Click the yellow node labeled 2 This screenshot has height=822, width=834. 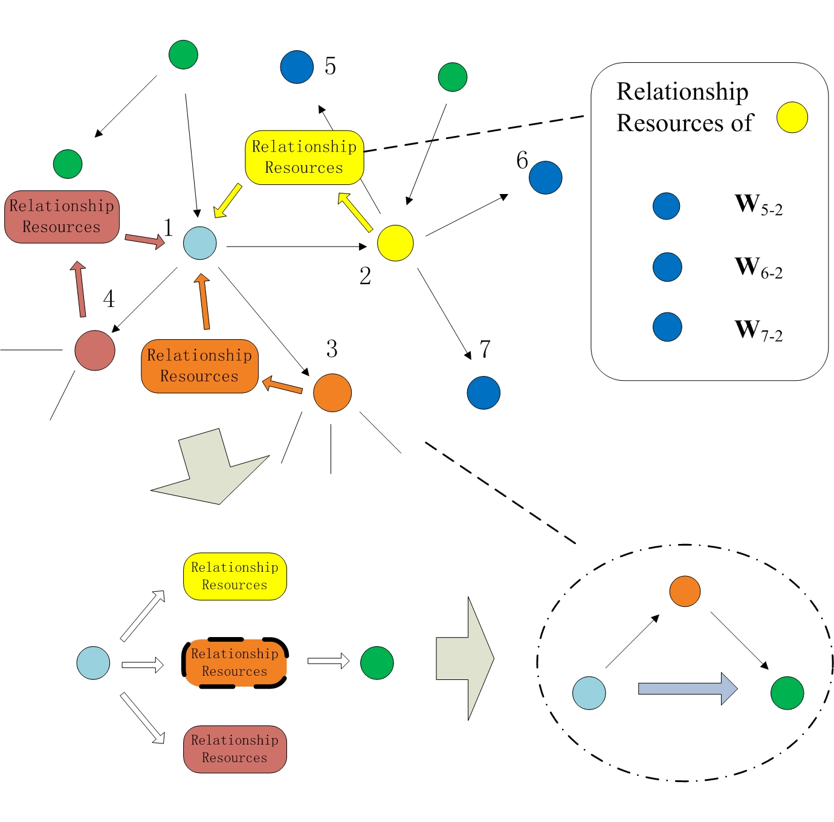tap(395, 243)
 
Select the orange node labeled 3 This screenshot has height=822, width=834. tap(332, 393)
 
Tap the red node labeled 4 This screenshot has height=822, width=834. tap(95, 350)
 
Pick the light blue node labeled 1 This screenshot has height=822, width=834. tap(200, 243)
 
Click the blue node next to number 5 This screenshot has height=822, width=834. tap(297, 66)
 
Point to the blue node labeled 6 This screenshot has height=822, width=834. tap(546, 178)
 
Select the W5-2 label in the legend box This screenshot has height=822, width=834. tap(758, 205)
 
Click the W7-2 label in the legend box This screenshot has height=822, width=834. tap(758, 331)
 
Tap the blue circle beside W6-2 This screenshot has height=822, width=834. tap(667, 267)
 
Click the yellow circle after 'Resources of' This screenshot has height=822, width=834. tap(792, 117)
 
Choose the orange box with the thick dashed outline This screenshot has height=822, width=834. tap(235, 662)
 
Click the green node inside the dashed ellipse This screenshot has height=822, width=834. tap(787, 693)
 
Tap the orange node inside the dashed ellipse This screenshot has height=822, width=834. tap(685, 591)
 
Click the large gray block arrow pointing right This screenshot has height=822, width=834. tap(465, 658)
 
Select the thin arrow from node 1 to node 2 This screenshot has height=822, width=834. tap(296, 247)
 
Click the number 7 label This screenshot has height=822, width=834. tap(485, 349)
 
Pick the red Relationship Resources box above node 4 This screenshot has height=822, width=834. tap(62, 217)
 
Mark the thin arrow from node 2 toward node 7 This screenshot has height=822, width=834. tap(444, 314)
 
